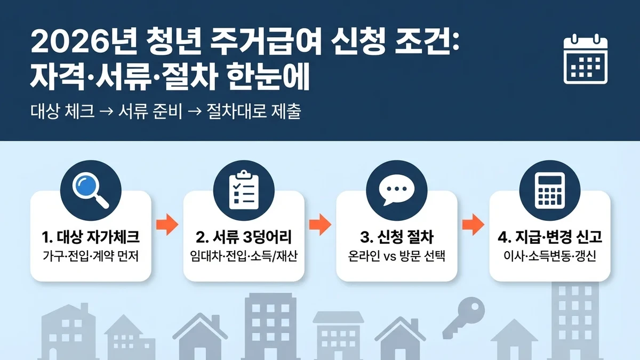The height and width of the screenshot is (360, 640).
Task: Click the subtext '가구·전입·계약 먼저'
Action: pyautogui.click(x=91, y=255)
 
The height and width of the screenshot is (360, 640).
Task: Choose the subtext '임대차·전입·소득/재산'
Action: pyautogui.click(x=244, y=255)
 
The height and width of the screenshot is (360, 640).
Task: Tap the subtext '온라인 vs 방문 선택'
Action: pyautogui.click(x=396, y=255)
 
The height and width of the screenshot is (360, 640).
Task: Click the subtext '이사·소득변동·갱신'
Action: pyautogui.click(x=549, y=255)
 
